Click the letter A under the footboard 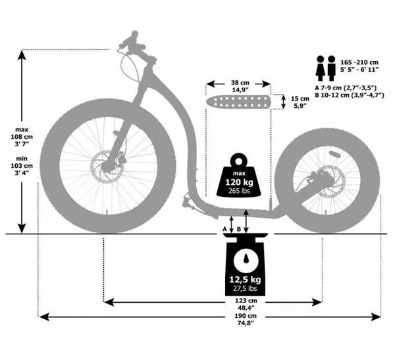point(224,228)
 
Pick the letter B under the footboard point(238,228)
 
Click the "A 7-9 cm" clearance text point(345,86)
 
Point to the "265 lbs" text point(239,190)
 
